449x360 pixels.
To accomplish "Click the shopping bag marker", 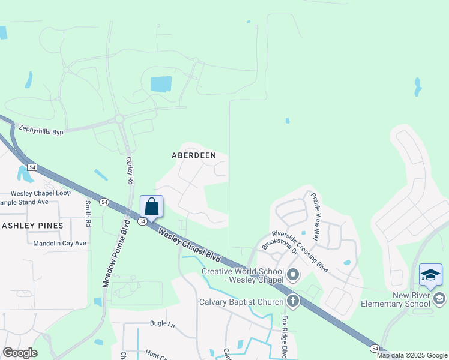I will coord(151,206).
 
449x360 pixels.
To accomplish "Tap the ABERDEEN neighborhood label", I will coord(194,155).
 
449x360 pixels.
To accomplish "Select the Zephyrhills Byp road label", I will coord(41,128).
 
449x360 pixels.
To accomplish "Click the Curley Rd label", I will coord(129,170).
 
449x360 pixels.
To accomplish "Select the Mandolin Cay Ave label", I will coord(59,244).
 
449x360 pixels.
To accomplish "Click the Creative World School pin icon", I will coord(293,275).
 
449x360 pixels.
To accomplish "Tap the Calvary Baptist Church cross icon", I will coord(293,301).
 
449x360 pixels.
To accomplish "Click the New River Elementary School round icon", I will coord(439,298).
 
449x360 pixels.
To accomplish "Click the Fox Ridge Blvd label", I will coord(286,335).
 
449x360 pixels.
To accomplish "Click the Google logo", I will coord(20,353).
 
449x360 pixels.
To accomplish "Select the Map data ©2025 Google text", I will coord(412,355).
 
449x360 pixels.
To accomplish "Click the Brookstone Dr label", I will coord(279,252).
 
